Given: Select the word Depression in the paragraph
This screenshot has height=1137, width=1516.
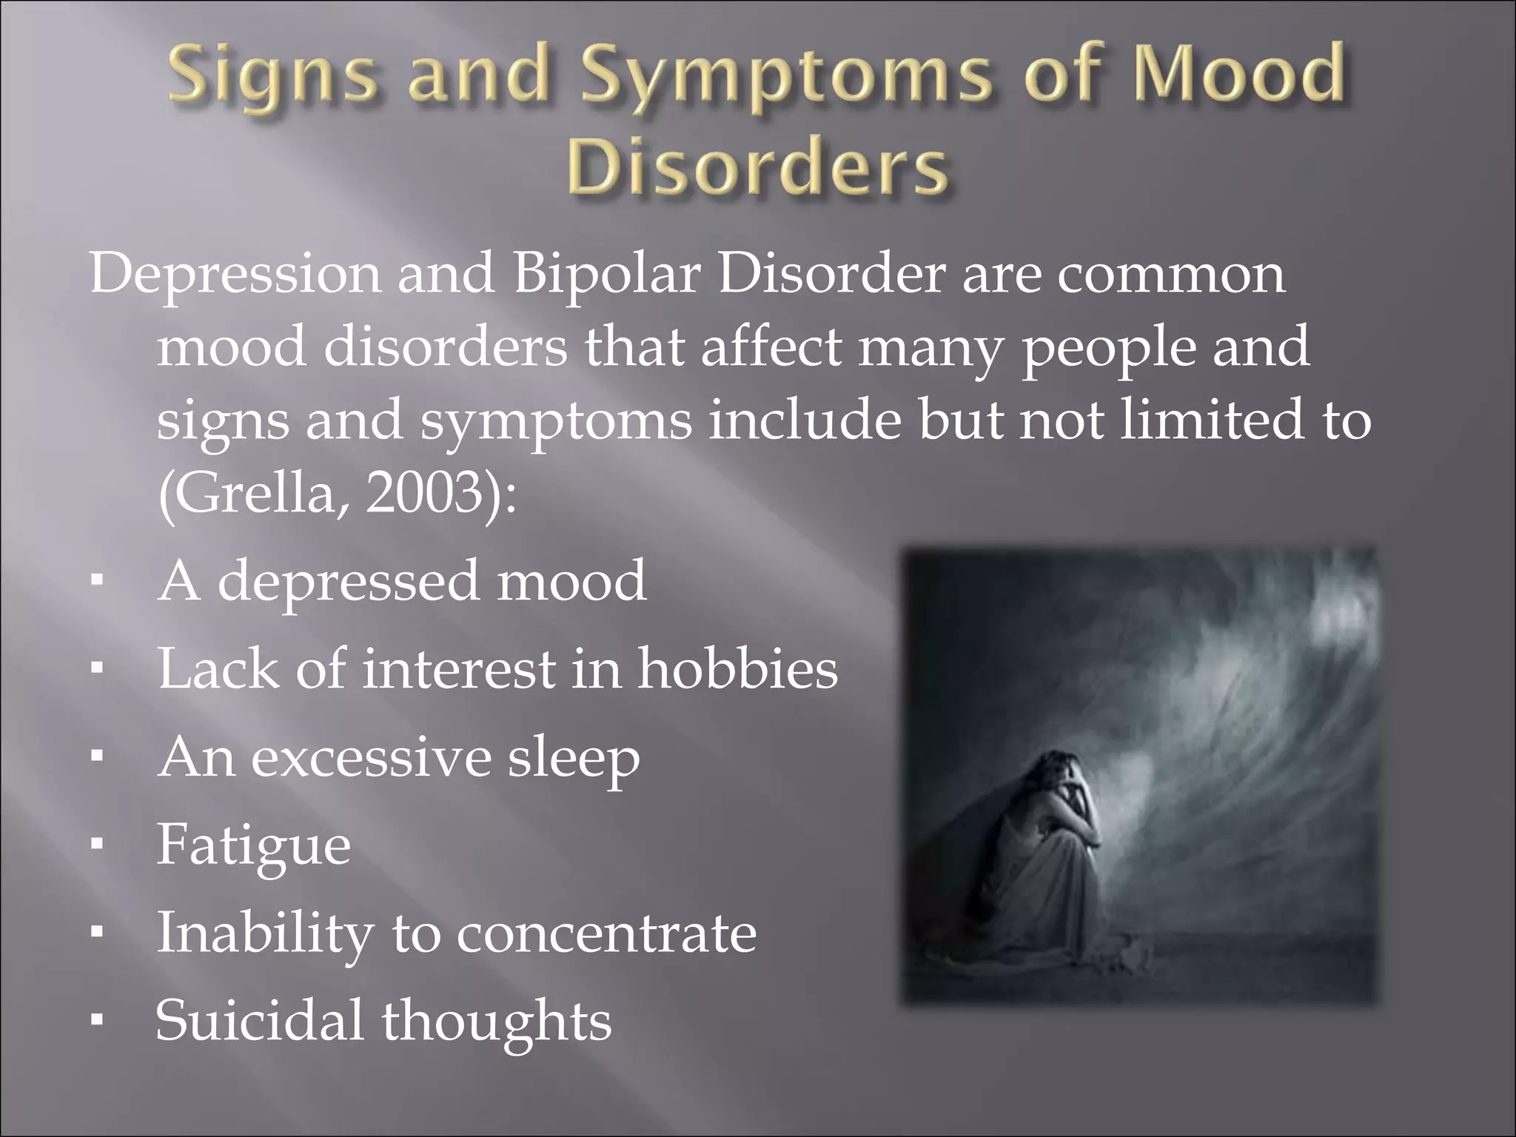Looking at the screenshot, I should click(x=235, y=274).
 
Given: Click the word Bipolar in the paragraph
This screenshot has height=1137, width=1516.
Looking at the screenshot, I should click(x=606, y=274).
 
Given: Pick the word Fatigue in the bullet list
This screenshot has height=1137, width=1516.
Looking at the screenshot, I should click(x=253, y=845).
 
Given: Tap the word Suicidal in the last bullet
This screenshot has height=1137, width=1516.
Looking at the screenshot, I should click(x=259, y=1020).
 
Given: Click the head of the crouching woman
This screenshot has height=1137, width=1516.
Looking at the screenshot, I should click(x=1060, y=770).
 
